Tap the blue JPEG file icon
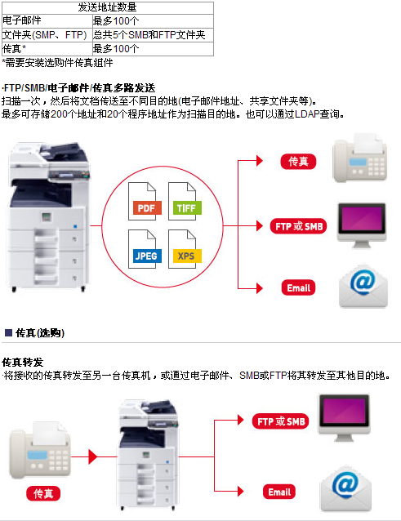145,249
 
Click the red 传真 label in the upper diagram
298,162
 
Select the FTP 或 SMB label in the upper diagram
299,226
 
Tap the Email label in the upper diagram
298,287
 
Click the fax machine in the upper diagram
360,158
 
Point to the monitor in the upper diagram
362,225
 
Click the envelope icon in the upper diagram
363,286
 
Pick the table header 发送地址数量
107,7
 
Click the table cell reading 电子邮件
22,20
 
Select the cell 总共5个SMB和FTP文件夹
149,35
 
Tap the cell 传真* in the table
14,49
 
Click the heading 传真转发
22,362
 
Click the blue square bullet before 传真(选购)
9,332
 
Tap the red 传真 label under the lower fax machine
43,493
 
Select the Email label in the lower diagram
279,492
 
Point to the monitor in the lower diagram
344,417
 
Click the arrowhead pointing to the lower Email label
241,491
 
